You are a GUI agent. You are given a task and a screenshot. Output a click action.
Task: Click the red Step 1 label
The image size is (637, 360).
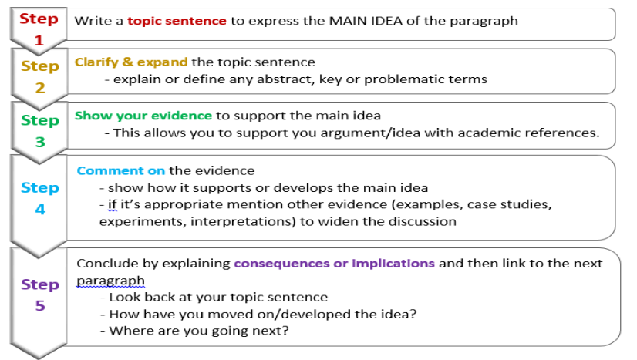click(39, 29)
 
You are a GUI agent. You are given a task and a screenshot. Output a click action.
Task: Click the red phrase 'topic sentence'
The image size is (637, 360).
click(177, 21)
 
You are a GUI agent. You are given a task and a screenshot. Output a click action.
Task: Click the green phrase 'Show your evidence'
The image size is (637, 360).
click(143, 116)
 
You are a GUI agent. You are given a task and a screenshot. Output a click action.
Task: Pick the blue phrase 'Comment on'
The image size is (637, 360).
click(121, 170)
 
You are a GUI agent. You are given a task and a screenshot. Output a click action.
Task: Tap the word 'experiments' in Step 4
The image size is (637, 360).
click(136, 221)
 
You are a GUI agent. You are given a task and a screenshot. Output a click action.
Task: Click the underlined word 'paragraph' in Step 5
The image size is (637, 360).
click(110, 281)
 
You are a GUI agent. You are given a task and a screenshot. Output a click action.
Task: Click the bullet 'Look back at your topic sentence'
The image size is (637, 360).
click(212, 297)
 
